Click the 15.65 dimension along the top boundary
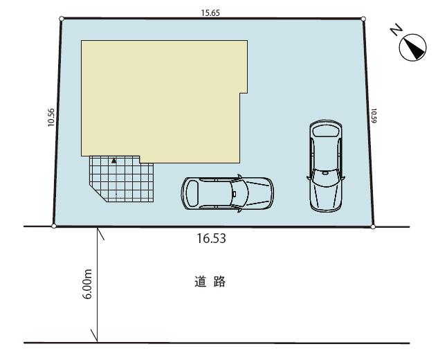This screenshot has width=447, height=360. click(212, 12)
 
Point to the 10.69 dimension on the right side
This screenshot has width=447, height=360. click(374, 116)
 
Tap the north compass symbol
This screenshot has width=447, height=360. click(413, 47)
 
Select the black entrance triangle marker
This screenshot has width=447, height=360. click(114, 161)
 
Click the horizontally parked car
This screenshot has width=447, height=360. click(227, 194)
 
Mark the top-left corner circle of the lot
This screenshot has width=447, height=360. click(62, 19)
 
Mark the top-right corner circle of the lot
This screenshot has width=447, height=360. click(364, 19)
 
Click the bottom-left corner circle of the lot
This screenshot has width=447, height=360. click(54, 226)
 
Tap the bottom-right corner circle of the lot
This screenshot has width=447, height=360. click(373, 226)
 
